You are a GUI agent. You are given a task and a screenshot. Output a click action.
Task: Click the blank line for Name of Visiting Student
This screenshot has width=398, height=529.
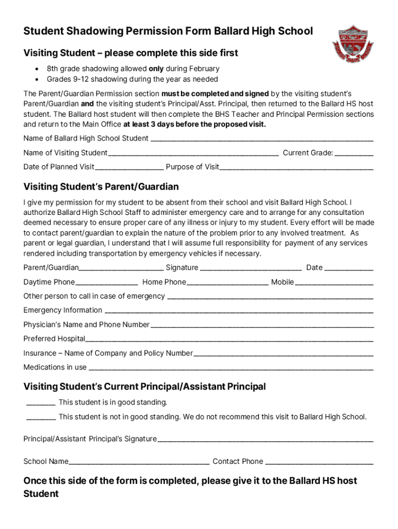193,153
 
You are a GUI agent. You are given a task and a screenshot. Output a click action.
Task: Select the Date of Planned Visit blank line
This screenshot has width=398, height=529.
129,167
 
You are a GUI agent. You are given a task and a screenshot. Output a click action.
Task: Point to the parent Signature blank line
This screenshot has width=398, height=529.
251,268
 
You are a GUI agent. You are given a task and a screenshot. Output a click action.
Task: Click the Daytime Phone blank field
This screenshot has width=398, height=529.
106,283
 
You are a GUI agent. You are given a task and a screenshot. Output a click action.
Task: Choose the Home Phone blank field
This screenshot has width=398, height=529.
228,283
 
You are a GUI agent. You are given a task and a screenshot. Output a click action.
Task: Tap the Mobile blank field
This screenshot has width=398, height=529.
334,283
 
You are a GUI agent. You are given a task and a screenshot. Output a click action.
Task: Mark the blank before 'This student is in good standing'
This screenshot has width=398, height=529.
41,403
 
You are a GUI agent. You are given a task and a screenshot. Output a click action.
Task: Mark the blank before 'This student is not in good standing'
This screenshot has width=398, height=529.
41,418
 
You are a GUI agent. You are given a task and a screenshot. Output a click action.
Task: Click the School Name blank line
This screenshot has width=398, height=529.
139,462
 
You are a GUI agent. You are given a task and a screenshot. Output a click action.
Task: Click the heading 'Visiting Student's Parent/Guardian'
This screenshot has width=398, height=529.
101,186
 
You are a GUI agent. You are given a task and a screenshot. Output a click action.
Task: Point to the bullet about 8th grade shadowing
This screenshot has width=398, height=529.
133,69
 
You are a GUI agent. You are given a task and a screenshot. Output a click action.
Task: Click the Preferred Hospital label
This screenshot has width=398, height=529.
54,339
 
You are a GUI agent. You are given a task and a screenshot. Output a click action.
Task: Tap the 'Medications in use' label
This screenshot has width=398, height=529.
55,367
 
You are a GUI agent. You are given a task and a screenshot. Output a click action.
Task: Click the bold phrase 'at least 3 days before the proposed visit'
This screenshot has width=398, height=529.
194,125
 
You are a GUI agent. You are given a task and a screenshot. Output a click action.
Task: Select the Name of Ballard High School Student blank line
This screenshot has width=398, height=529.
262,139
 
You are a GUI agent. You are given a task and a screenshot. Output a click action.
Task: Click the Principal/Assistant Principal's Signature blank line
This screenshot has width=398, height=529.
265,440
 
